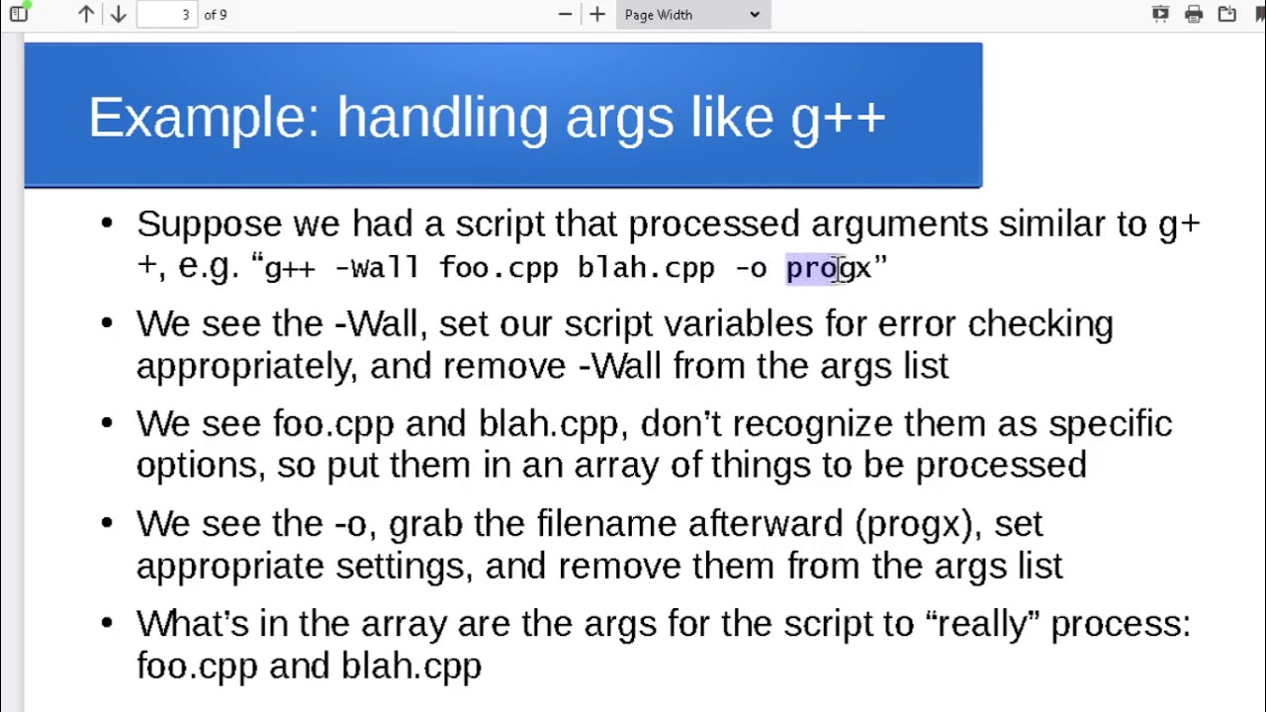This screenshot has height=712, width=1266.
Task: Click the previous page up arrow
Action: point(86,14)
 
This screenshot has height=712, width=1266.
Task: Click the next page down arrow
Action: point(118,14)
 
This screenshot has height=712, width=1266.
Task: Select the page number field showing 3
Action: point(167,14)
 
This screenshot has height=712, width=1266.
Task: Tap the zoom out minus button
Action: point(565,14)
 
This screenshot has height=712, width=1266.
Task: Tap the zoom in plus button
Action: point(597,14)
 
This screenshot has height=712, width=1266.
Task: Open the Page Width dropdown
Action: point(693,14)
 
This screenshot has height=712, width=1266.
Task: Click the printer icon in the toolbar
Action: point(1194,14)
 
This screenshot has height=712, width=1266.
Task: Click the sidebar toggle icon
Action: point(19,13)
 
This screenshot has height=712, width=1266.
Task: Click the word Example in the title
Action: point(204,118)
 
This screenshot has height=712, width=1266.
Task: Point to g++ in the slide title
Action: point(838,121)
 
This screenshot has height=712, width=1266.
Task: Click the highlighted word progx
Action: point(829,269)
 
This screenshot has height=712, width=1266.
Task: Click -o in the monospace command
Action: point(752,268)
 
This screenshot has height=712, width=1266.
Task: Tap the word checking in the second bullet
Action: point(1040,325)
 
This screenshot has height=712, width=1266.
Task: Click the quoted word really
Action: point(982,625)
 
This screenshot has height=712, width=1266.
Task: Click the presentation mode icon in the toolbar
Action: point(1160,14)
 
